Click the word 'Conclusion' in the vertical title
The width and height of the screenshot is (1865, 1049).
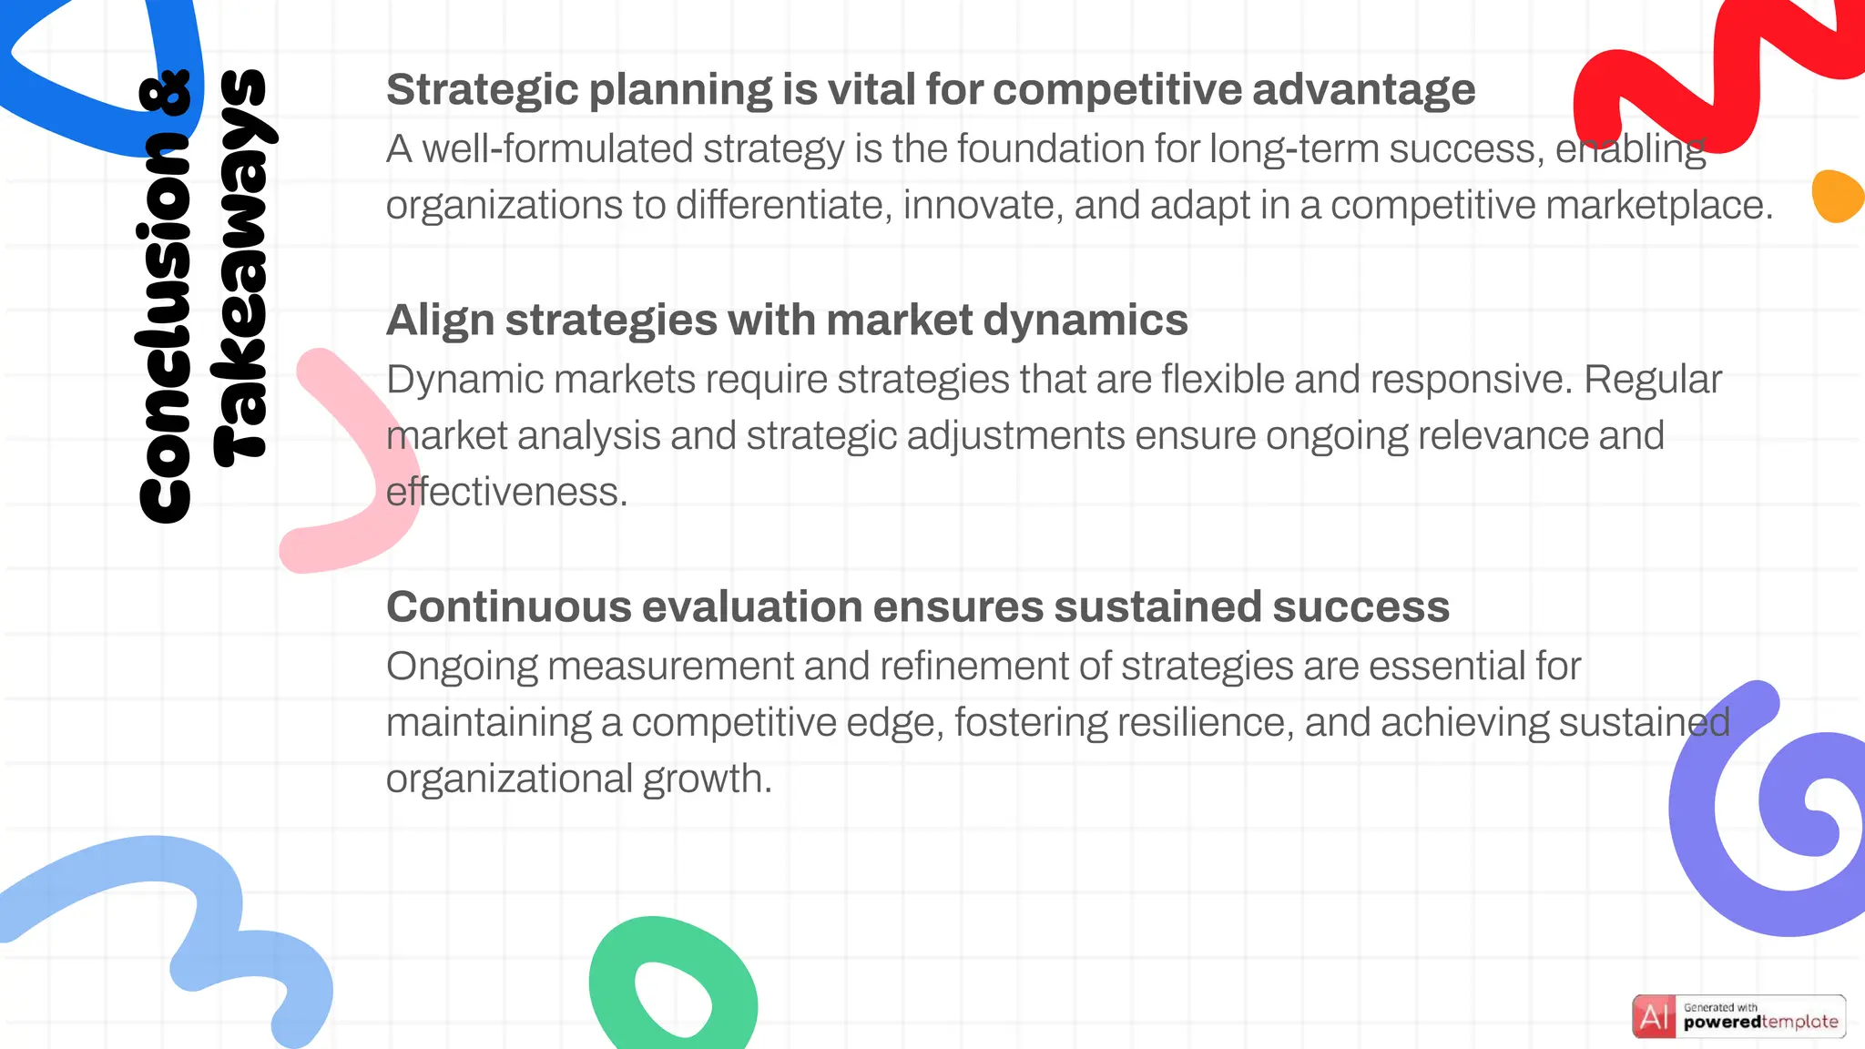[x=165, y=329]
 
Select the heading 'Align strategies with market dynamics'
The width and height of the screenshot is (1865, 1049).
[x=787, y=321]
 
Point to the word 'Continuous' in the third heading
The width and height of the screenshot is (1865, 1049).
[x=508, y=607]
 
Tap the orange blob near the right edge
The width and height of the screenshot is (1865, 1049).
[x=1837, y=196]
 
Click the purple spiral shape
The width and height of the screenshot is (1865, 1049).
[x=1712, y=874]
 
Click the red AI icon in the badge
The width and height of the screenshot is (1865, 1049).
[x=1654, y=1016]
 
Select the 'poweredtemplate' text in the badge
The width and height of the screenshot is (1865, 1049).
[x=1760, y=1023]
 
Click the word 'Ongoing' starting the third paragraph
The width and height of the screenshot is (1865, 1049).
[x=462, y=667]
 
